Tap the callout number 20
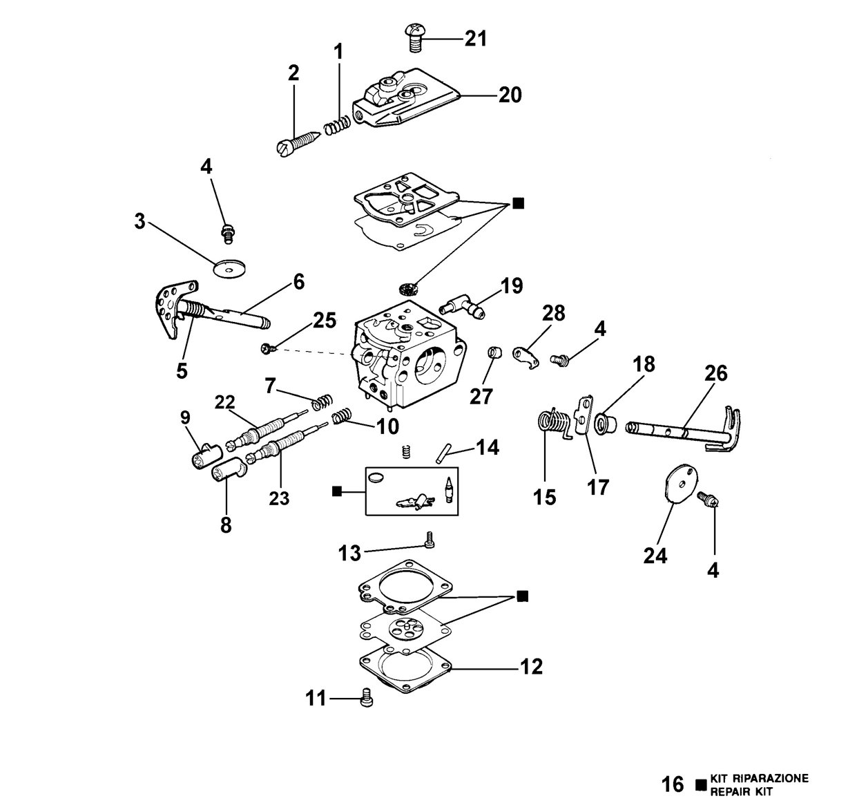(510, 95)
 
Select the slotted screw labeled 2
(298, 143)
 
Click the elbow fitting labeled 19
(462, 308)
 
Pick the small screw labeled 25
(267, 348)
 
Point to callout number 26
(715, 373)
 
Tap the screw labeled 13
(429, 540)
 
